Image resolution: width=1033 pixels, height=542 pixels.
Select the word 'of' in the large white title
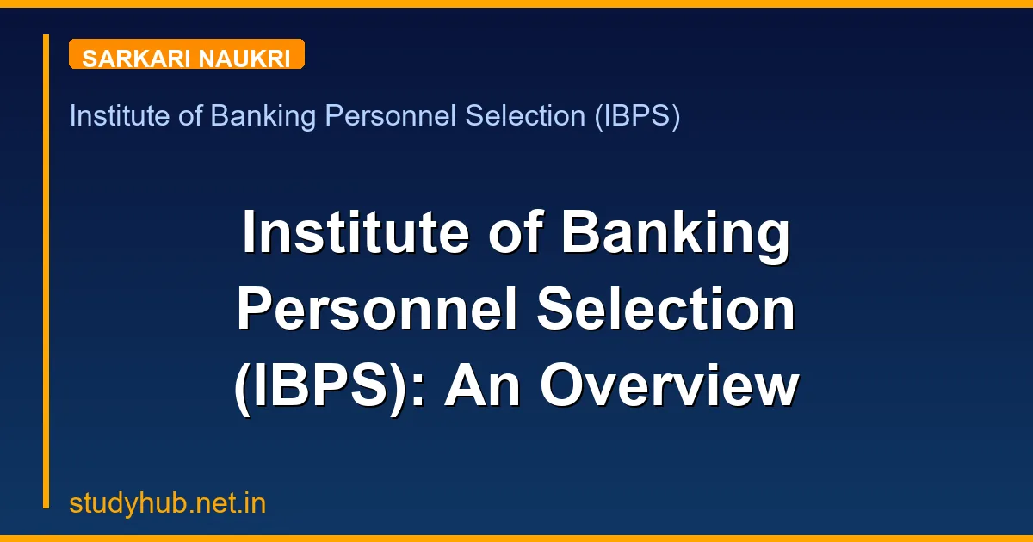(x=509, y=234)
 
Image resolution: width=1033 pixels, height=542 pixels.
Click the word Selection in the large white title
(x=666, y=311)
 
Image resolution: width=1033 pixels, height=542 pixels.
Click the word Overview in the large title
(x=669, y=387)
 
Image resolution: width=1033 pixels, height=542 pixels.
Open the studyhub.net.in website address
(x=168, y=503)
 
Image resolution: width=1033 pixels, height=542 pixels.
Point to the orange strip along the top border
(x=516, y=3)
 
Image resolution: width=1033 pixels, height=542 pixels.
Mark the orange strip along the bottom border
(x=516, y=539)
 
